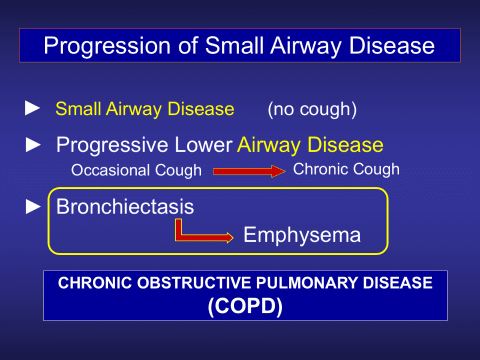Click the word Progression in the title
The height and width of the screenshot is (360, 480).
click(107, 46)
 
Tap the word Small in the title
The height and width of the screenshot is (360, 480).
click(234, 45)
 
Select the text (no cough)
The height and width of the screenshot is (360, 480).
click(312, 109)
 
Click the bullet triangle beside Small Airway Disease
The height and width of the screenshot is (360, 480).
click(32, 108)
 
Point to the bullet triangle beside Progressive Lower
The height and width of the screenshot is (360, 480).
click(33, 144)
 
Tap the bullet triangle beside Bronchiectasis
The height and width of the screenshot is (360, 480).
click(33, 206)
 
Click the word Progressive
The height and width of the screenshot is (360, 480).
click(112, 145)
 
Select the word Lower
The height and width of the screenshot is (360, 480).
click(203, 144)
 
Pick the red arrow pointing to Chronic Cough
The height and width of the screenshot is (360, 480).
click(249, 171)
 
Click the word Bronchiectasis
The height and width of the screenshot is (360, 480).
click(125, 206)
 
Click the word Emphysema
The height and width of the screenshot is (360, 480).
click(302, 235)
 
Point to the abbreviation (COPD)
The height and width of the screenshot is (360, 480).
click(245, 306)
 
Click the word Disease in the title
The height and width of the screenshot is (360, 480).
click(392, 46)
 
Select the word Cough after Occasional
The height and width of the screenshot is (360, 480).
click(178, 170)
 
